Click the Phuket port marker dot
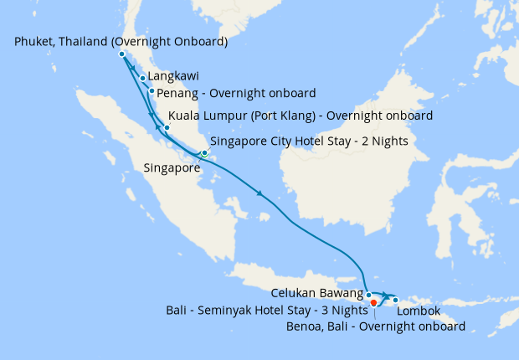[122, 54]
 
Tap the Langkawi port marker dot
[143, 79]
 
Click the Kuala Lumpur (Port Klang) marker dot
[167, 128]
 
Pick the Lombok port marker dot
[395, 300]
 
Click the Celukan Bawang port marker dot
[369, 295]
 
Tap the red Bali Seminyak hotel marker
[373, 302]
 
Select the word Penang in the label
[178, 92]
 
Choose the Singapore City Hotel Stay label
[309, 141]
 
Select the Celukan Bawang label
[317, 294]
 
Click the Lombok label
[418, 311]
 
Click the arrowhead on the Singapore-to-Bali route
[261, 194]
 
